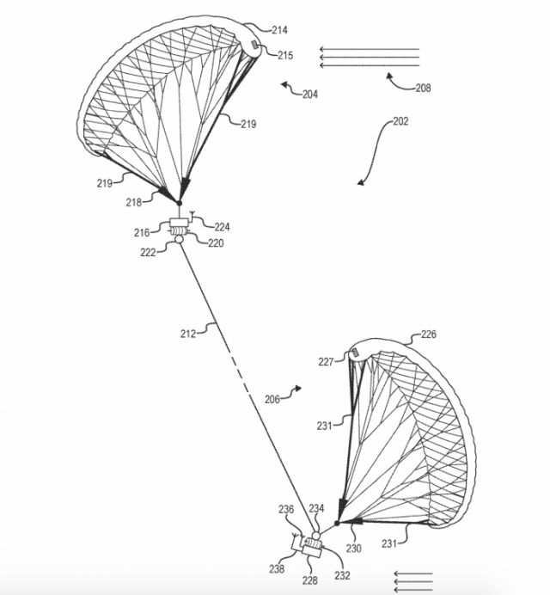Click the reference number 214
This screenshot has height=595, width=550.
[279, 31]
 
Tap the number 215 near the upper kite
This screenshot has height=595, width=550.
[285, 55]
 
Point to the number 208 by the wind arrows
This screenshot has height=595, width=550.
[422, 88]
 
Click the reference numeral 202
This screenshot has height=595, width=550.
[400, 121]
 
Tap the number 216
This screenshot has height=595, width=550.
[142, 232]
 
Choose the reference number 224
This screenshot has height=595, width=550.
[222, 227]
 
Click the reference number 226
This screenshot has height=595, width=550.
[428, 335]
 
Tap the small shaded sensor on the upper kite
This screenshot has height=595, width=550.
[255, 45]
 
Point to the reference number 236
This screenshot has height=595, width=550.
[286, 510]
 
